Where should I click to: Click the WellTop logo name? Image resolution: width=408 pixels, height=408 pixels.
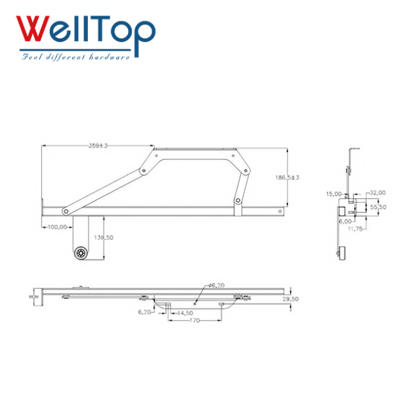[x=85, y=31]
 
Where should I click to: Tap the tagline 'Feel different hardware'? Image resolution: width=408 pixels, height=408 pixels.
[x=76, y=57]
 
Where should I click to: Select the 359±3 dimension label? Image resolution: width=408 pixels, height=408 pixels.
[x=98, y=145]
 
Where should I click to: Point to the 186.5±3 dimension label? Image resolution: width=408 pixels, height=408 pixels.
[x=287, y=177]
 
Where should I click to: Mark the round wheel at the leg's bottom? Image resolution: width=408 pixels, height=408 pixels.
[x=80, y=253]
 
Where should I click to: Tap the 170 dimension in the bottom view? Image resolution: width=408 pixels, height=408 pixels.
[x=194, y=321]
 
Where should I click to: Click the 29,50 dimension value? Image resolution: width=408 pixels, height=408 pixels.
[x=290, y=298]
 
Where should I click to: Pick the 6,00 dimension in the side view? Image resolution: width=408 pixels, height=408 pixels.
[x=345, y=221]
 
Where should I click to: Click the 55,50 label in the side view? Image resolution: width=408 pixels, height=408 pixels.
[x=378, y=207]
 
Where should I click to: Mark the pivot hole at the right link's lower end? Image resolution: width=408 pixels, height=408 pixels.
[x=238, y=201]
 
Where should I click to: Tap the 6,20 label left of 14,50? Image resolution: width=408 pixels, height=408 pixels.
[x=145, y=312]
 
